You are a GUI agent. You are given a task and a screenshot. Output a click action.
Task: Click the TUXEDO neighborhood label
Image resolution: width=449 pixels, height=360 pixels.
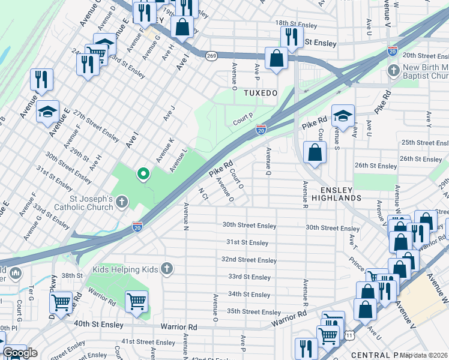(261, 94)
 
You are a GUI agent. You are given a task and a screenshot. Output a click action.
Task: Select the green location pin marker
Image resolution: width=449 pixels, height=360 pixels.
(143, 174)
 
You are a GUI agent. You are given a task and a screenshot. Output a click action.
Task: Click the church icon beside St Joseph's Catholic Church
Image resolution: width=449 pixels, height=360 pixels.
(122, 201)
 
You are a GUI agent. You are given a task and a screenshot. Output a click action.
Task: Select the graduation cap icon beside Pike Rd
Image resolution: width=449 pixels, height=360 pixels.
(343, 115)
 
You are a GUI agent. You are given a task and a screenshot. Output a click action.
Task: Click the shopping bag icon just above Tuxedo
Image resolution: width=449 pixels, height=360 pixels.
(276, 59)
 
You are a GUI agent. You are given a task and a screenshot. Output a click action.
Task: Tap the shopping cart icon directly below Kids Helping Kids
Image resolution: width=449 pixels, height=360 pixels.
(137, 300)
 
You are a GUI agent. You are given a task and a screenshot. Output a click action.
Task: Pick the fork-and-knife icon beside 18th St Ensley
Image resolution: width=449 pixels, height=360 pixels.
(292, 37)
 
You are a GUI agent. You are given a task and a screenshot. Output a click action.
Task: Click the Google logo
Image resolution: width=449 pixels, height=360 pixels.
(20, 353)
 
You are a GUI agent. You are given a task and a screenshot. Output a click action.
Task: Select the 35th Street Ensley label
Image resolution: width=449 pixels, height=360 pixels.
(254, 312)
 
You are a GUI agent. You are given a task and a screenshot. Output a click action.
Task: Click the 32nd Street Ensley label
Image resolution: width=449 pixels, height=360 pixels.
(249, 260)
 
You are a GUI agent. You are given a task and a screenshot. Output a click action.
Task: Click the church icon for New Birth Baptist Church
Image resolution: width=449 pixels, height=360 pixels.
(394, 71)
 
